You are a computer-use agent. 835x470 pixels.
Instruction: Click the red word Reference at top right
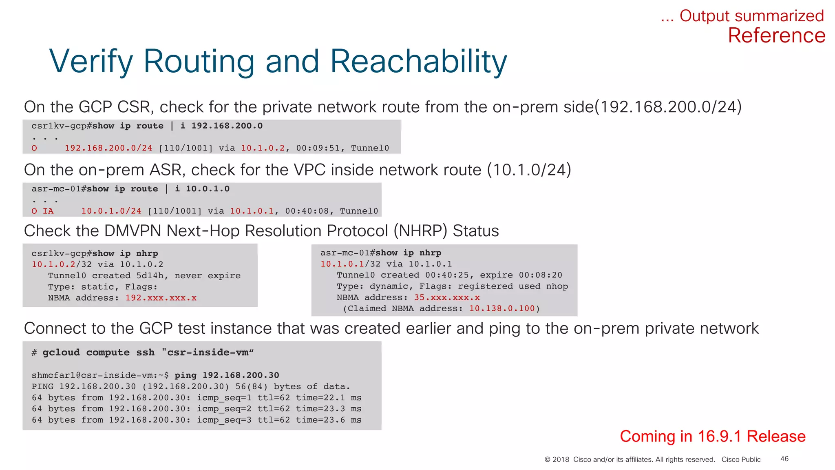(x=776, y=36)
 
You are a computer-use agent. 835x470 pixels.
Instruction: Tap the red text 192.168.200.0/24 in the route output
(x=108, y=148)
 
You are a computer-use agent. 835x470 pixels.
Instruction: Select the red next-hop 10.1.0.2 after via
(x=263, y=148)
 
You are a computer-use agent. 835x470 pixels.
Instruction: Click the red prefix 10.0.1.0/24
(x=111, y=211)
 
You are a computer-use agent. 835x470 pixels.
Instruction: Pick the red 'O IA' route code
(x=42, y=211)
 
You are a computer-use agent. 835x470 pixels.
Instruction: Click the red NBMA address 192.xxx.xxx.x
(x=161, y=298)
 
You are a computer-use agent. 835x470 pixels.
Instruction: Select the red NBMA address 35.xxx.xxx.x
(x=447, y=297)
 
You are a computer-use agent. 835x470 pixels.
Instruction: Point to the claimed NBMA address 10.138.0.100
(x=501, y=308)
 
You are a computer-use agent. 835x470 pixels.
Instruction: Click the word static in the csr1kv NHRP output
(x=97, y=287)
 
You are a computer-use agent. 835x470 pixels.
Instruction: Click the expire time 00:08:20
(x=540, y=275)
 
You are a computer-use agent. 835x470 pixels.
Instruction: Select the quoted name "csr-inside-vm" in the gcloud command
(x=208, y=352)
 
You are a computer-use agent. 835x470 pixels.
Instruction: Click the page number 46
(x=784, y=459)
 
